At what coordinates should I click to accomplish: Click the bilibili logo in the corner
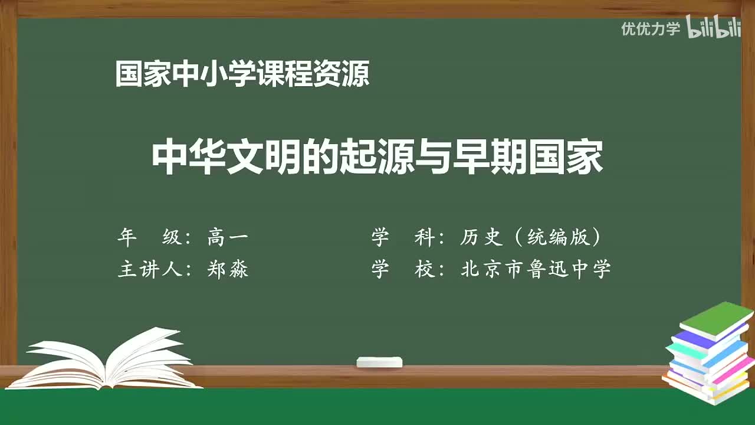714,28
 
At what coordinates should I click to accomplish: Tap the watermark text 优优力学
651,29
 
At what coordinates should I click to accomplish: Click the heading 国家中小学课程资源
242,74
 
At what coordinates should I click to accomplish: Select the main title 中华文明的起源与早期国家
377,158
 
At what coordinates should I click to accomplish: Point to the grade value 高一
228,237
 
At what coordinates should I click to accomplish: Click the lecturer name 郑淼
228,270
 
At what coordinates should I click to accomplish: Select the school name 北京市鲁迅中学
536,270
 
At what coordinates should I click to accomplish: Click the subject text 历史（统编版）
531,237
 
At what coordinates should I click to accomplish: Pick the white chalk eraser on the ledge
379,362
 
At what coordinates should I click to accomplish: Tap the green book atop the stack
716,319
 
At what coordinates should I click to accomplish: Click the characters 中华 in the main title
189,158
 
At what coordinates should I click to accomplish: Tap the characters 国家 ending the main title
566,158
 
